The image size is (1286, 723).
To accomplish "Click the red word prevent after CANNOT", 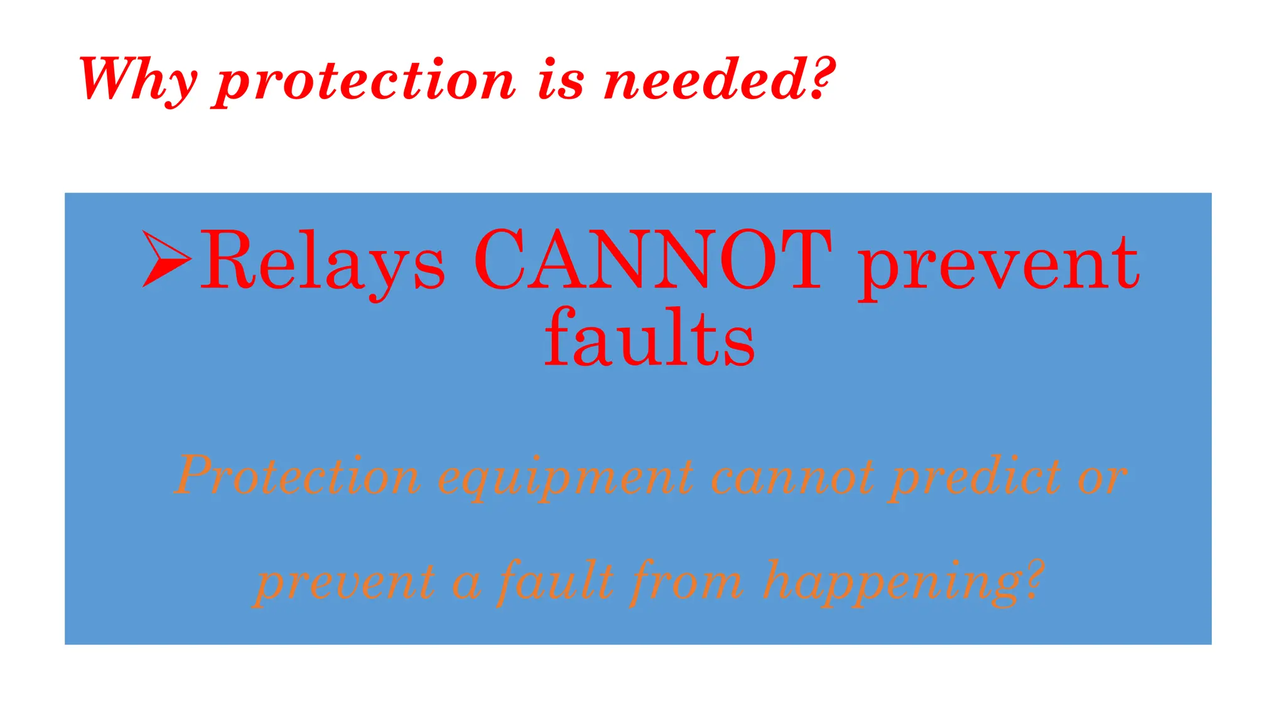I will pos(998,264).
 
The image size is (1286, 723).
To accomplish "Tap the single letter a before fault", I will pos(467,584).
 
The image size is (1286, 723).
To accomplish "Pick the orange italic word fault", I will pos(556,581).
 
